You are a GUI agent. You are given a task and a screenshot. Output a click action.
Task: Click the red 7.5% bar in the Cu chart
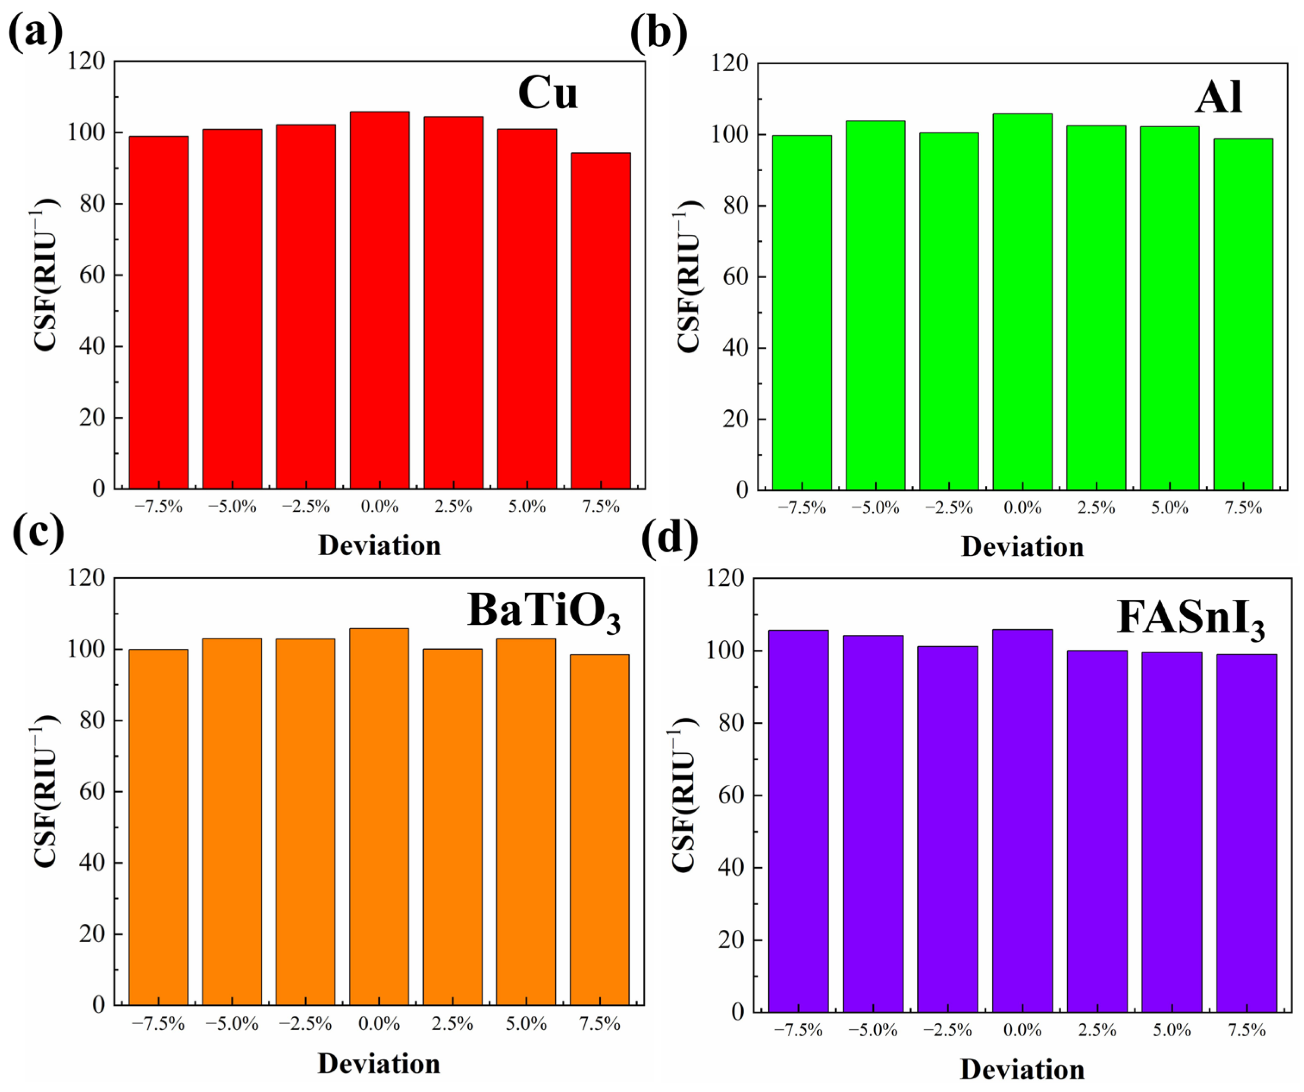600,321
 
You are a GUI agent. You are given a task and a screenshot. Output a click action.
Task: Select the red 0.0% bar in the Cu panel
379,300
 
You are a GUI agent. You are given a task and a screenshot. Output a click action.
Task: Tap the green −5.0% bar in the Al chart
875,305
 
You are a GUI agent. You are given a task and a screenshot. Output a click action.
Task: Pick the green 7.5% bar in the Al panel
1243,314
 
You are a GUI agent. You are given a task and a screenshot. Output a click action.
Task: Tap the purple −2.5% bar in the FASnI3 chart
947,829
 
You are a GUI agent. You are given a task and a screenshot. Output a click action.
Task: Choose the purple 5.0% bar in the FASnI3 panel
1172,832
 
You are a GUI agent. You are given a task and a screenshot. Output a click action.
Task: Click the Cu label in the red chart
548,93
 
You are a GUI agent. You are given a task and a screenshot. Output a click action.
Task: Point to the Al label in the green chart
1218,97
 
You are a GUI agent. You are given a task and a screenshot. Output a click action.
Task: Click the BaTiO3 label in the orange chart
544,613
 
